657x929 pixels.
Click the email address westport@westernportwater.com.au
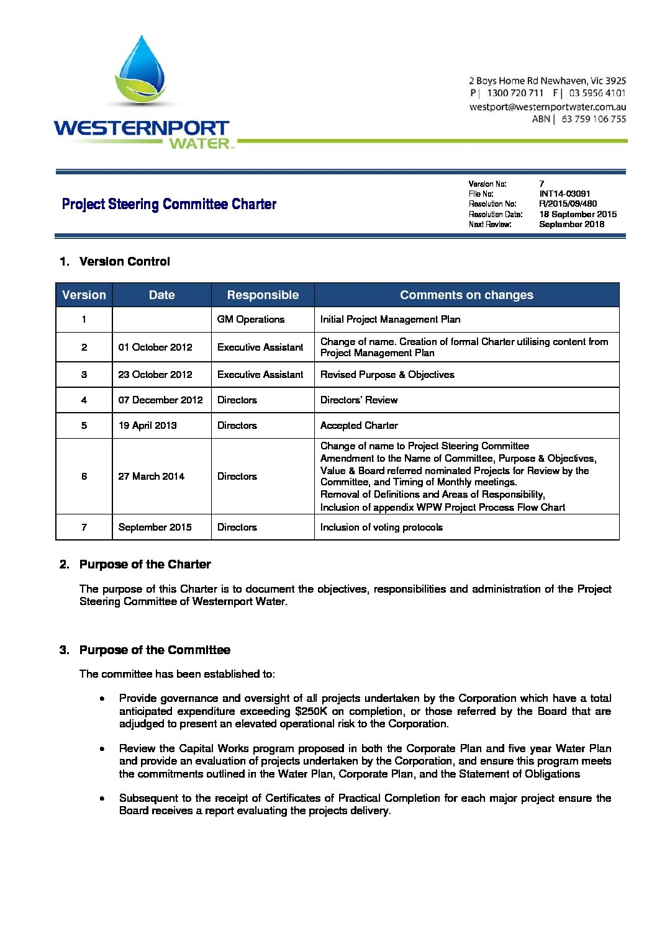547,107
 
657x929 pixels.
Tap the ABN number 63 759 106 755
593,119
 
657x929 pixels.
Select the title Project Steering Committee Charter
169,204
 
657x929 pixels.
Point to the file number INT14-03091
564,194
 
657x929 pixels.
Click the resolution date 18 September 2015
578,214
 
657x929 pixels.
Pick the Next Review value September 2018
571,224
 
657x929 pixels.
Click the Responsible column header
263,295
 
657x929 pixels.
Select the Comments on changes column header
466,295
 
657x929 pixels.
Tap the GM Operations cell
251,320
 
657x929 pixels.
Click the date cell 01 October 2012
155,348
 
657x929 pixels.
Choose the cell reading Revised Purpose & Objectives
387,375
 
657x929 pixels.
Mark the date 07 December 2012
160,400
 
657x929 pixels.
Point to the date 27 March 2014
151,477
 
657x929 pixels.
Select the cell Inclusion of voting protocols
381,527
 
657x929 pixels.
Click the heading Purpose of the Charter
145,565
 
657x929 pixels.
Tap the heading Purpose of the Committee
155,650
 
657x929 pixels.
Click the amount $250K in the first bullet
311,711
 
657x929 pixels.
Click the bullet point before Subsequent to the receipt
102,799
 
